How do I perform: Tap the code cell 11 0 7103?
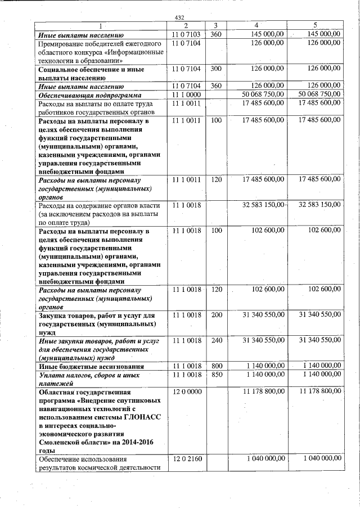tap(186, 34)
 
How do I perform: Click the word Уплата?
tap(52, 375)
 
